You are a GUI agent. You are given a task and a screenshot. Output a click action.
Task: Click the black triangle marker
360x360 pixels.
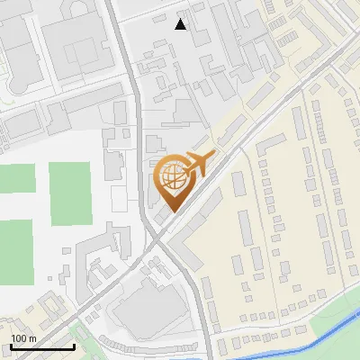tap(181, 24)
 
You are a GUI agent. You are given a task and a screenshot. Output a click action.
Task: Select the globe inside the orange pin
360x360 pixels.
tap(172, 176)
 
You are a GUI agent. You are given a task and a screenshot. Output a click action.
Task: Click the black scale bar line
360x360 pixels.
tap(41, 346)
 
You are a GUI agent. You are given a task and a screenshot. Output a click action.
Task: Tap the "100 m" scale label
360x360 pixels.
tap(23, 338)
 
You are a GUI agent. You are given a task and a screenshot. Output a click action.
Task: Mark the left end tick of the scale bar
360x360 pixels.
tap(10, 345)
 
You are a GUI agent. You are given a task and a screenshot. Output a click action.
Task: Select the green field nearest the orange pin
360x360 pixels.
tap(69, 193)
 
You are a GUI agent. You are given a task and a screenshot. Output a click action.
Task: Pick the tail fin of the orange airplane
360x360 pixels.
tap(184, 161)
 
